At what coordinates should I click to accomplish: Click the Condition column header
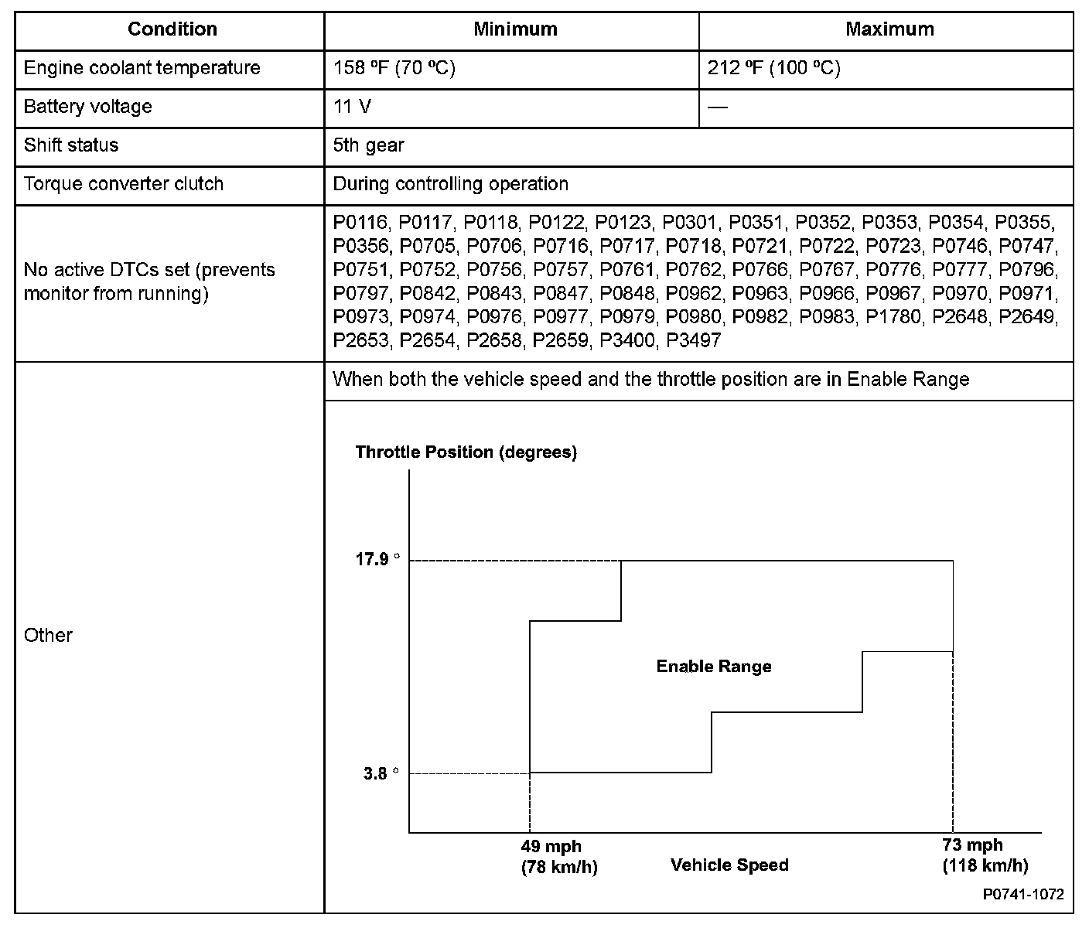point(172,29)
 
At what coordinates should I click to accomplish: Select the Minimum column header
point(515,29)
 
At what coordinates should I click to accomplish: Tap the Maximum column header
point(889,29)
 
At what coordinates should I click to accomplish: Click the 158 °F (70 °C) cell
point(394,68)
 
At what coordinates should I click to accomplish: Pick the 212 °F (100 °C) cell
point(773,68)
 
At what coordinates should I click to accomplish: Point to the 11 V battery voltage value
point(352,107)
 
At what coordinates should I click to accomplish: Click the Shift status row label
point(71,145)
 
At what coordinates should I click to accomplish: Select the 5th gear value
point(368,145)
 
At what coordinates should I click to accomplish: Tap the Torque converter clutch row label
point(124,184)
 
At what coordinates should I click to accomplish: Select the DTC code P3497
point(693,340)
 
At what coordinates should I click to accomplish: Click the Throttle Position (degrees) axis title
point(466,452)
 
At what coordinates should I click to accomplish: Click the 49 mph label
point(551,846)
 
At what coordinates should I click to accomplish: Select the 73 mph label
point(972,844)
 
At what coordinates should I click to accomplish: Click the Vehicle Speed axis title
point(729,865)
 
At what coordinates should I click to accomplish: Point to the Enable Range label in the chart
point(713,667)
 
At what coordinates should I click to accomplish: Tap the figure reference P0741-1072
point(1023,895)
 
